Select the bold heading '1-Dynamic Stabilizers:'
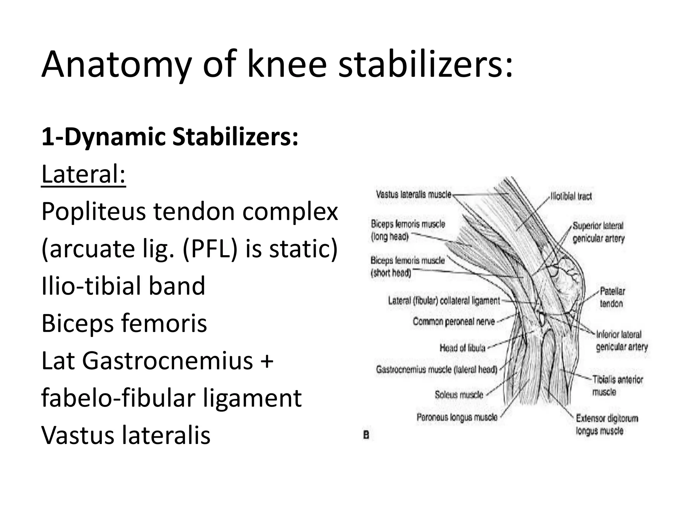(x=170, y=138)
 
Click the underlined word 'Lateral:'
(x=84, y=174)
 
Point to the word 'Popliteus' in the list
(x=93, y=212)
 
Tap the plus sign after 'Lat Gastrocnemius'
(x=267, y=361)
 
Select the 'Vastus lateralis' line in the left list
(x=126, y=435)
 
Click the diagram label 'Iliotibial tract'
(x=571, y=197)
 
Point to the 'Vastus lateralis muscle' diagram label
(x=413, y=194)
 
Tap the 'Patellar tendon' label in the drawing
(x=612, y=297)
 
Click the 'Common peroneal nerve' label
(x=454, y=321)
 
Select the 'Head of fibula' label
(x=462, y=348)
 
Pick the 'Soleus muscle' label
(x=459, y=395)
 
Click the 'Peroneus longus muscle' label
(x=457, y=417)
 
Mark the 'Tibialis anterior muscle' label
(x=617, y=386)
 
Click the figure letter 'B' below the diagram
(x=366, y=435)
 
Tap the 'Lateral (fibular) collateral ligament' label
(x=444, y=301)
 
